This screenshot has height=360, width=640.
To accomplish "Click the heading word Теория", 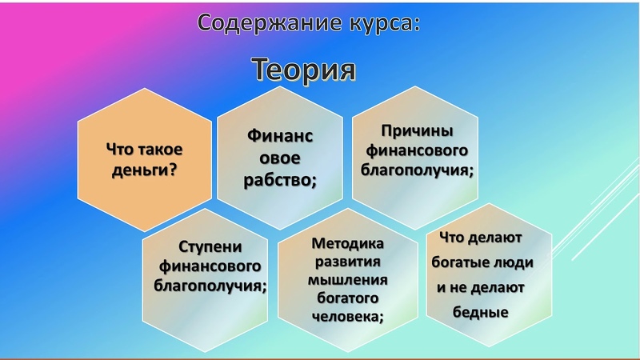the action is [x=303, y=70].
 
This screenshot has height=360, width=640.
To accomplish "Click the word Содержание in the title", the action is [x=270, y=22].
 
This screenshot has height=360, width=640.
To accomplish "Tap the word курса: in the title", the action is [x=385, y=23].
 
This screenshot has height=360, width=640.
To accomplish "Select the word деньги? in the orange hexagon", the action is [x=145, y=170].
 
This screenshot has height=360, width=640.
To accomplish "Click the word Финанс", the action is [x=280, y=135].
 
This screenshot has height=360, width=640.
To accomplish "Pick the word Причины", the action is [x=417, y=131].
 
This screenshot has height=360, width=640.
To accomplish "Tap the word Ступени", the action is [x=210, y=247].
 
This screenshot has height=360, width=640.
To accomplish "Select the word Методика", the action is [x=348, y=244].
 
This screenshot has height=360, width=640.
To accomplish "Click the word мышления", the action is [x=348, y=280].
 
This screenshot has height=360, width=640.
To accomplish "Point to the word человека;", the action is [x=348, y=316].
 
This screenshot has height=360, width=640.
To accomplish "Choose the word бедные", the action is [x=481, y=312].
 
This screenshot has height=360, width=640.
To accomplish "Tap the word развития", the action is [x=348, y=262].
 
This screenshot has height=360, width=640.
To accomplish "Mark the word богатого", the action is [x=348, y=298].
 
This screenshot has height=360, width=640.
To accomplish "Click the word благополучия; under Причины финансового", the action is [x=417, y=170].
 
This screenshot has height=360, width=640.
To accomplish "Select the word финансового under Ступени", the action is [x=210, y=266].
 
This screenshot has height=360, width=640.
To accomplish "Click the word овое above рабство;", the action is [x=280, y=158].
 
